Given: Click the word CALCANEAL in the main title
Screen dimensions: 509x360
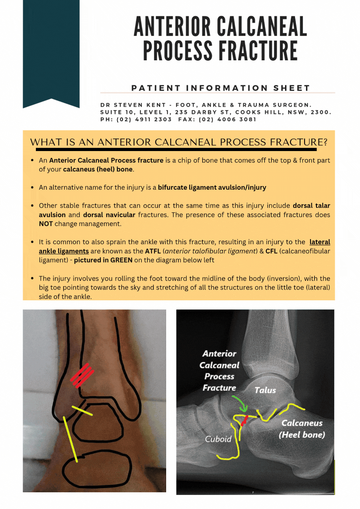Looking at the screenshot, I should tap(262, 27).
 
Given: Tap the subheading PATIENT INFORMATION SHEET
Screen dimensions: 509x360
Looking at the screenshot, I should tap(221, 88).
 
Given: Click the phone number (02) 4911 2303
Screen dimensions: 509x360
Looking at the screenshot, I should tap(144, 120).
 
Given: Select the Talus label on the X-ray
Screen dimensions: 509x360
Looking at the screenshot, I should tap(265, 390).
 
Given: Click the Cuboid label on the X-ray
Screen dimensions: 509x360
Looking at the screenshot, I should tap(218, 439).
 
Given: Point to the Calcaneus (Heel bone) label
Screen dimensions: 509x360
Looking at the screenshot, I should tap(302, 429).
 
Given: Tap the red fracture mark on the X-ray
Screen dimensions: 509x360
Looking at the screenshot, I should tap(245, 421).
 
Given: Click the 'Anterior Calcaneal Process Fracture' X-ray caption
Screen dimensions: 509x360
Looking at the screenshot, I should tap(220, 371).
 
